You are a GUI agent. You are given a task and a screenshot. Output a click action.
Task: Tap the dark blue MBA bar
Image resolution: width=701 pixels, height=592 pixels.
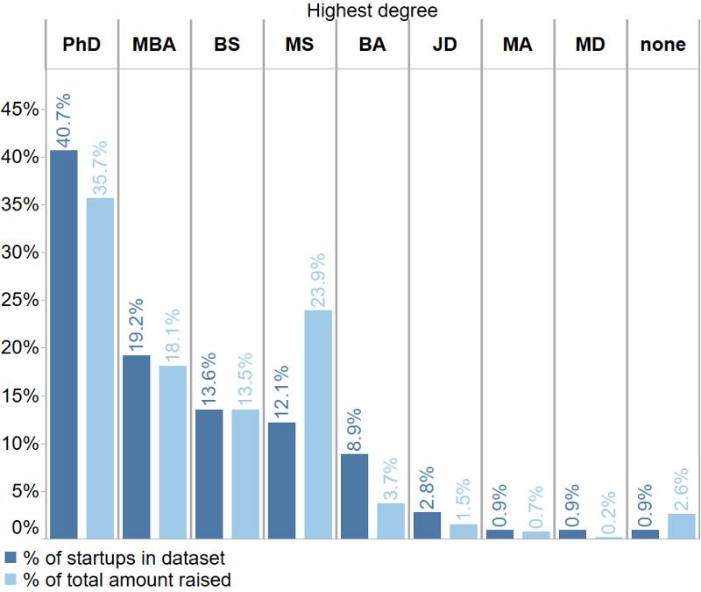(x=137, y=446)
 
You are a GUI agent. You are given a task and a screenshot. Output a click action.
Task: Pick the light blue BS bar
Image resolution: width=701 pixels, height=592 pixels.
(x=245, y=474)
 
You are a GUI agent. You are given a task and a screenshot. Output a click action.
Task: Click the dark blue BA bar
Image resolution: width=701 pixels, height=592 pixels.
(x=354, y=496)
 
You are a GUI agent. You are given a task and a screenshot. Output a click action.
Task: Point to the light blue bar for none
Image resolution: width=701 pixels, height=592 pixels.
(x=681, y=525)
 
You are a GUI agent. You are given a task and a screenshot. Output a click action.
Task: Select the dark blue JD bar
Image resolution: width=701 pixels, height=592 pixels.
(x=427, y=524)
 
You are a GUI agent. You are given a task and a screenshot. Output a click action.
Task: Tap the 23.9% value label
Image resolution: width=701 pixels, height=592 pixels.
(x=318, y=280)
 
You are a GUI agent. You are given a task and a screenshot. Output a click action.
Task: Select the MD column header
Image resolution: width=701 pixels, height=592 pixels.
(x=591, y=44)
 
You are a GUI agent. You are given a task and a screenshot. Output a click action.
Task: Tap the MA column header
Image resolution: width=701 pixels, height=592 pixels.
(x=518, y=44)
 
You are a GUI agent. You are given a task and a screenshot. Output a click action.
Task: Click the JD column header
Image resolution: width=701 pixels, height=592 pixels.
(x=445, y=44)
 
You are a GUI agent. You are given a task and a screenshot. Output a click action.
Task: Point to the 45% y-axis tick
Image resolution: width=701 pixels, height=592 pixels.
(x=20, y=110)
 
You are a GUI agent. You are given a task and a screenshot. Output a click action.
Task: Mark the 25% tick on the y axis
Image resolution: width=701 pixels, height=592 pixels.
(x=20, y=300)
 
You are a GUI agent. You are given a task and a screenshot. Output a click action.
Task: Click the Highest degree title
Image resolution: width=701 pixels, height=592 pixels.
(x=372, y=11)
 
